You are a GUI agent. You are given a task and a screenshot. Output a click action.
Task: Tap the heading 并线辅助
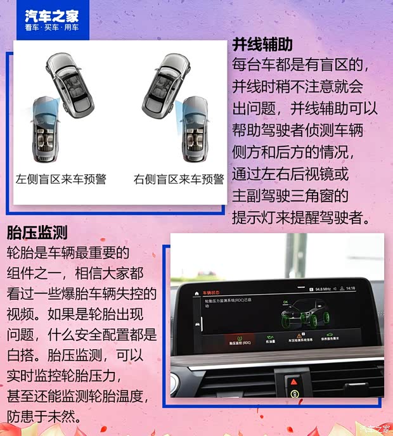tap(262, 44)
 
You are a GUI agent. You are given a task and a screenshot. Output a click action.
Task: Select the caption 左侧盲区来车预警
tap(61, 179)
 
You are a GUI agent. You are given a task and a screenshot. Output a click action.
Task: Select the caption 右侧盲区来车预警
tap(179, 179)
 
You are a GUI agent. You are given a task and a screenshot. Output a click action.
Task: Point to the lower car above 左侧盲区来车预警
tap(44, 130)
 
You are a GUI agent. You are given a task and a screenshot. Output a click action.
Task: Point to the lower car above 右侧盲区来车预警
tap(195, 130)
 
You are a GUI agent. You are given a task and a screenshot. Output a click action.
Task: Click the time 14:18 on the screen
tap(351, 288)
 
